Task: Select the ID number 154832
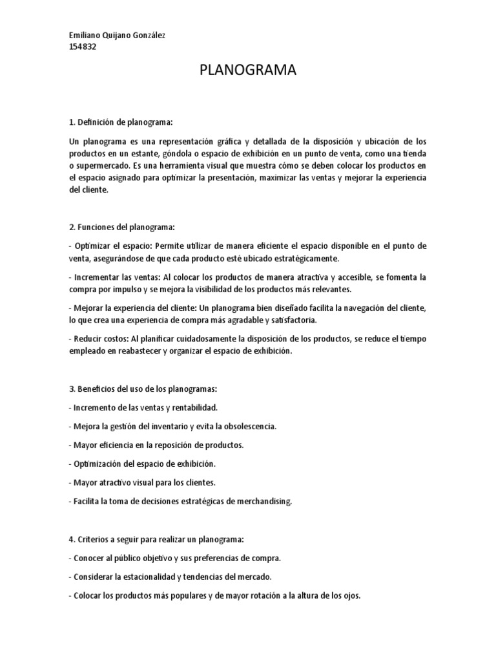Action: point(81,47)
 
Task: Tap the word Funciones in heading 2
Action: point(97,228)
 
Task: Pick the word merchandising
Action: point(260,501)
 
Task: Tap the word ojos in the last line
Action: point(351,595)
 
